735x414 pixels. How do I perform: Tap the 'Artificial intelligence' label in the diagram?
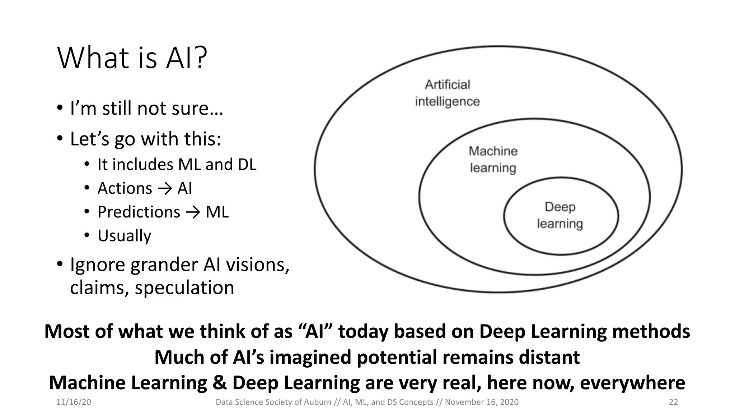(447, 93)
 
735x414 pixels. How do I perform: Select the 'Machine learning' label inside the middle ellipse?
(493, 159)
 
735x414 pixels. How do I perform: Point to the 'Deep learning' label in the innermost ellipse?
(560, 215)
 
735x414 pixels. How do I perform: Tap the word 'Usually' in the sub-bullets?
(124, 236)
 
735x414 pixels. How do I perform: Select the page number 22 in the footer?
(673, 402)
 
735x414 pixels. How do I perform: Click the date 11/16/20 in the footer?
(74, 402)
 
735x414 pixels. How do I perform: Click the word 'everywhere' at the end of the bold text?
(632, 383)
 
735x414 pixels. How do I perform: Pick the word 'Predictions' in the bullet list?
(139, 212)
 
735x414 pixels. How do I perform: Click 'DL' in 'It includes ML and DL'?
(247, 165)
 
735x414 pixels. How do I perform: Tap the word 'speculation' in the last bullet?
(184, 287)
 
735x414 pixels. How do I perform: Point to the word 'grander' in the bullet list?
(164, 265)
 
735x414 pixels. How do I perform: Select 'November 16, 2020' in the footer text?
(482, 402)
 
